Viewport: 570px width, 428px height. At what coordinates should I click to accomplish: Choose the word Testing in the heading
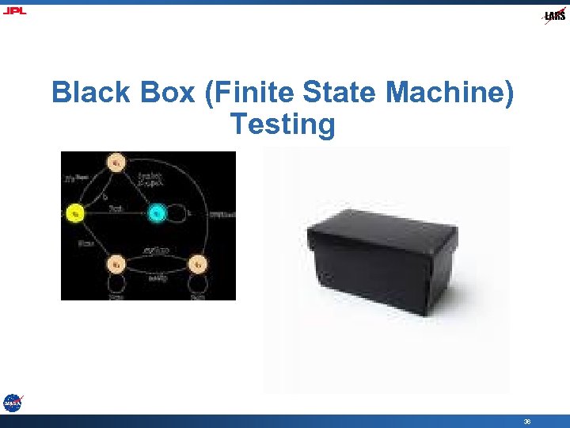coord(283,124)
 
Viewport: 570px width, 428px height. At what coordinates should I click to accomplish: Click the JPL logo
coord(13,11)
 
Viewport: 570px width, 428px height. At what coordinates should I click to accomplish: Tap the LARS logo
coord(554,16)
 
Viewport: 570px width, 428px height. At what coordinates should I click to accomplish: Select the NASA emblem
coord(12,403)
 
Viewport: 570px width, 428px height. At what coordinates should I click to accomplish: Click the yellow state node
coord(74,212)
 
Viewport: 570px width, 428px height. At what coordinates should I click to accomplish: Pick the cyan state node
coord(157,212)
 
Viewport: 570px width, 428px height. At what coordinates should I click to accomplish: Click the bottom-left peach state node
coord(116,263)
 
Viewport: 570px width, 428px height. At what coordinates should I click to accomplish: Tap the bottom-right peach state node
coord(199,263)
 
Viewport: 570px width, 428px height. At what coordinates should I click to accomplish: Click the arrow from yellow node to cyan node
coord(116,212)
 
